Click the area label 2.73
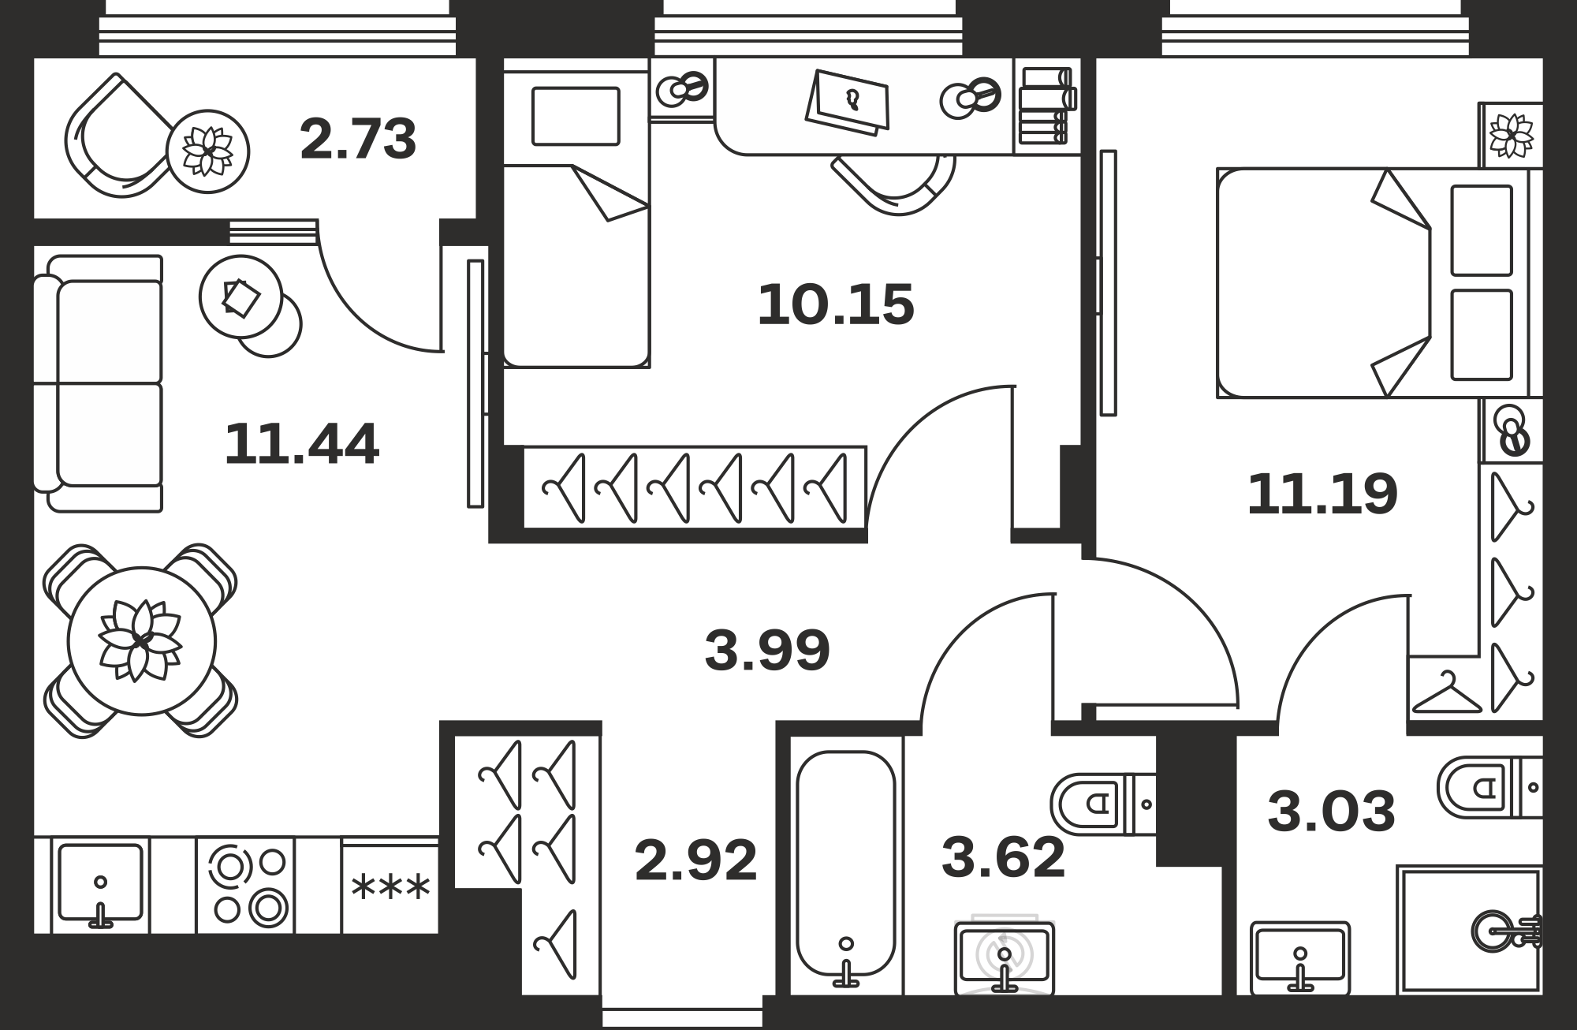(358, 139)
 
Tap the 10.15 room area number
(836, 304)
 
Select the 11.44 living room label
(302, 443)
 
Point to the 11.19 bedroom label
(1322, 494)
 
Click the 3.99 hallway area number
(767, 650)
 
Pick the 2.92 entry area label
(695, 860)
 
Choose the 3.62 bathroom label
(1003, 857)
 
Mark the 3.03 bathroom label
(1331, 812)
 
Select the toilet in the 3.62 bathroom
(1103, 804)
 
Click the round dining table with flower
(142, 640)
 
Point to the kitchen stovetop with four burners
(245, 885)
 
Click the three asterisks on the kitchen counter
(390, 888)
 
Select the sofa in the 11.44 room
(99, 383)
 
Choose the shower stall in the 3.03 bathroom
(1470, 930)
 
